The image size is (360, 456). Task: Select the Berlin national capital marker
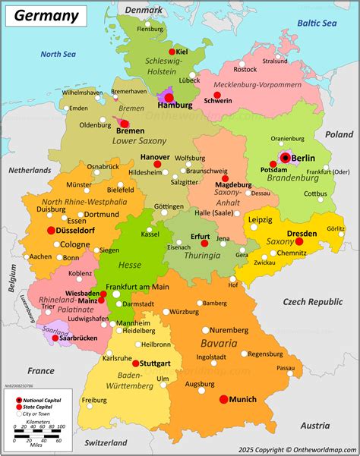286,157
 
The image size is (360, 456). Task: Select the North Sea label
59,54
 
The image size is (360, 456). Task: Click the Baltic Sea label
317,23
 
